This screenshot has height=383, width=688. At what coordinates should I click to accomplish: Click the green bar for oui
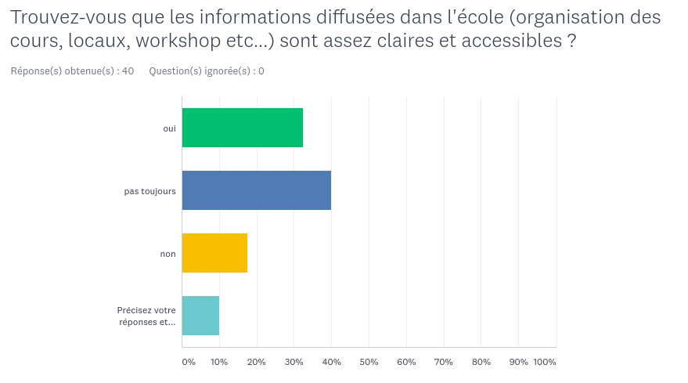tap(242, 128)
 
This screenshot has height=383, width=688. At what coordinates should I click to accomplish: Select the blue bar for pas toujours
tap(256, 190)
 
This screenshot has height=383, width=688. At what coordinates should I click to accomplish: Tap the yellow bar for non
tap(214, 253)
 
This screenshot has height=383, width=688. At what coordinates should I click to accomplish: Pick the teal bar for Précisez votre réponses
tap(200, 316)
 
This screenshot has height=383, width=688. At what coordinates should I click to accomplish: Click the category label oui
tap(169, 128)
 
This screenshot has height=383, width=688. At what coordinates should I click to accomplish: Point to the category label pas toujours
tap(149, 191)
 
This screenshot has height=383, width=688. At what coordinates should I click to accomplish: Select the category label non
tap(167, 254)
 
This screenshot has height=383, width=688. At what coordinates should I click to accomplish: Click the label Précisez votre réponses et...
tap(146, 316)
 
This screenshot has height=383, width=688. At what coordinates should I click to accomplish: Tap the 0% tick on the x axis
tap(189, 362)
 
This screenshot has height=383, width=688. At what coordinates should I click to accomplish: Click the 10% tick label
tap(219, 362)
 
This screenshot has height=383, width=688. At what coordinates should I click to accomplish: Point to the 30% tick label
tap(294, 362)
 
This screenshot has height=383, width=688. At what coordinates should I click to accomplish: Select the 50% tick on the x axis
tap(369, 362)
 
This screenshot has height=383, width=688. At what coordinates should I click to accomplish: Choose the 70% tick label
tap(444, 362)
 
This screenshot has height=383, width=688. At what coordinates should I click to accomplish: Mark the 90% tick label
tap(518, 362)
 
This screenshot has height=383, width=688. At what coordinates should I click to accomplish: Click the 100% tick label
tap(545, 362)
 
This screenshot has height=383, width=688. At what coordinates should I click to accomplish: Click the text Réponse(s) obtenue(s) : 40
tap(72, 71)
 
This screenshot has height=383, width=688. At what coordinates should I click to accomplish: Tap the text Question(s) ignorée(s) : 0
tap(207, 71)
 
